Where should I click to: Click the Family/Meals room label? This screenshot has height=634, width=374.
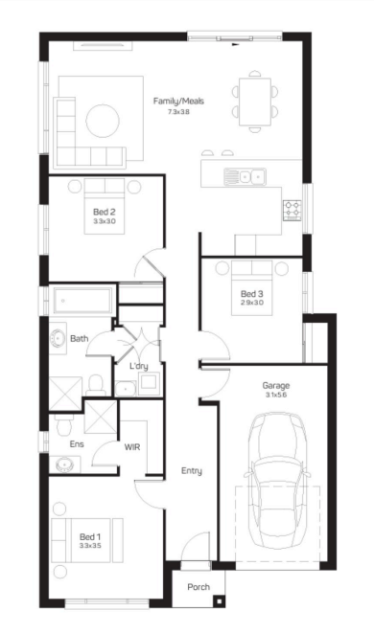pyautogui.click(x=178, y=102)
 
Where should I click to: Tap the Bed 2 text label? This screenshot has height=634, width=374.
pyautogui.click(x=105, y=212)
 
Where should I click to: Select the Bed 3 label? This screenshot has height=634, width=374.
pyautogui.click(x=252, y=294)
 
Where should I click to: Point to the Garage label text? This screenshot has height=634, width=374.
pyautogui.click(x=276, y=385)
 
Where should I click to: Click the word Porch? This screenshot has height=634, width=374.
pyautogui.click(x=199, y=587)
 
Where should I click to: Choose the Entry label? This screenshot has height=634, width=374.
pyautogui.click(x=192, y=471)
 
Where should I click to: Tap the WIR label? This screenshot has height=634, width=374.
pyautogui.click(x=132, y=447)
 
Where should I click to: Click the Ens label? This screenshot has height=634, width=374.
pyautogui.click(x=77, y=444)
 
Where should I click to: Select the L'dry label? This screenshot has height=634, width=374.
pyautogui.click(x=138, y=367)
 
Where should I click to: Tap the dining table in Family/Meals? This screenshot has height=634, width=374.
pyautogui.click(x=255, y=102)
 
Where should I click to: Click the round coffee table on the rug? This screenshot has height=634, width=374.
pyautogui.click(x=103, y=121)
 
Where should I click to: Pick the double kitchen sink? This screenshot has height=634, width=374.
pyautogui.click(x=245, y=176)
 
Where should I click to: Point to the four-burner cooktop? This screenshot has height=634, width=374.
pyautogui.click(x=292, y=211)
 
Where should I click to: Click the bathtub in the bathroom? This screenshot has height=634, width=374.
pyautogui.click(x=82, y=300)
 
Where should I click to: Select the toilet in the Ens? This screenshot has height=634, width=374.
pyautogui.click(x=63, y=424)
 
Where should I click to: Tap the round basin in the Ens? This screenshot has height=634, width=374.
pyautogui.click(x=64, y=464)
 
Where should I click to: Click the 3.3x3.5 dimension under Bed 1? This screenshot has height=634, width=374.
pyautogui.click(x=90, y=546)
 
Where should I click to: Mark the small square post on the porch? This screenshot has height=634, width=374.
pyautogui.click(x=219, y=601)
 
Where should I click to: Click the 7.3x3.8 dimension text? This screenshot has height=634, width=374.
pyautogui.click(x=178, y=112)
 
